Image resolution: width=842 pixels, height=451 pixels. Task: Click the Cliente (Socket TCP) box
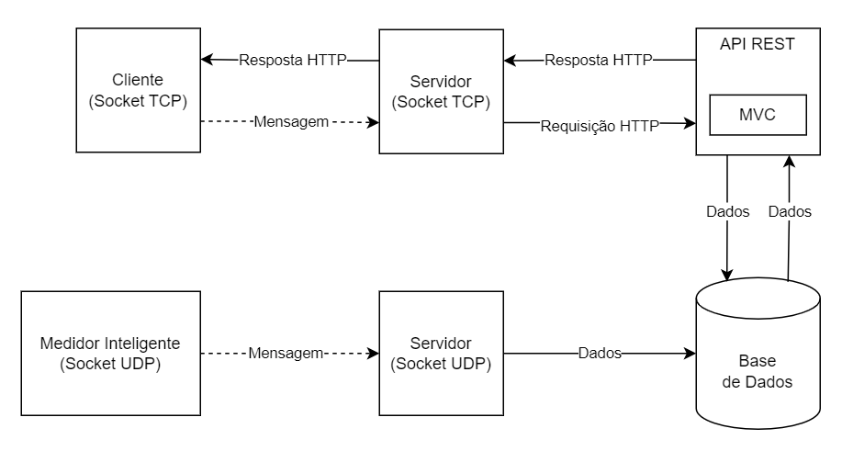tap(138, 90)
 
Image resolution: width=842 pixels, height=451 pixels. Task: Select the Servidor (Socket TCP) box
tap(440, 90)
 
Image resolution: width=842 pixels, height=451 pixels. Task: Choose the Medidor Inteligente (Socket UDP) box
tap(111, 353)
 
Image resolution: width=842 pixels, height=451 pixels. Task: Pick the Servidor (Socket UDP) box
tap(440, 353)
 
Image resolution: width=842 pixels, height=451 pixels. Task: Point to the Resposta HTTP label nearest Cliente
tap(292, 61)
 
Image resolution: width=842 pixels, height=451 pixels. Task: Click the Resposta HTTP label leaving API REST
tap(598, 61)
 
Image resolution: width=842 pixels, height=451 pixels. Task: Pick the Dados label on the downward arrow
tap(727, 211)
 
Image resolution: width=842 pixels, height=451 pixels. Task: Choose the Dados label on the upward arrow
tap(789, 211)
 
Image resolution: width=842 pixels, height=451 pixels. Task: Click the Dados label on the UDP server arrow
tap(600, 353)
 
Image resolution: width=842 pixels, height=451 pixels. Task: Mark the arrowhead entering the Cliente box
tap(207, 61)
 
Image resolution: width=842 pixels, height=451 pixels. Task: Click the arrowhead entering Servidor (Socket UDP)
tap(374, 353)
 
